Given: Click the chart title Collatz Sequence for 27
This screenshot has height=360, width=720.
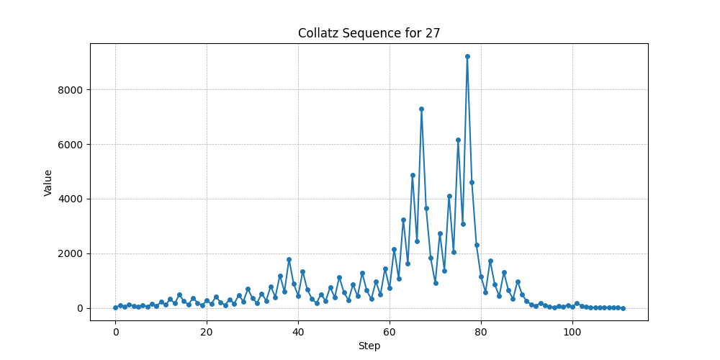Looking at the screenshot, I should [369, 33].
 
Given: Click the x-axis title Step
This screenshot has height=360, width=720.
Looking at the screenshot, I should [369, 346].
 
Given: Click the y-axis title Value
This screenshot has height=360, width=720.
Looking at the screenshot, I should [48, 182].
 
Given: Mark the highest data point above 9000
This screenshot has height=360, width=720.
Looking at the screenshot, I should [467, 56].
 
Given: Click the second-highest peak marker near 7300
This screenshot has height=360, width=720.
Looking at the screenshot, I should [421, 109].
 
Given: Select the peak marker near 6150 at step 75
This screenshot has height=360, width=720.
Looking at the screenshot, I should [458, 140].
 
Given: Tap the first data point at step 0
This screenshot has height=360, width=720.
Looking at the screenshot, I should [115, 307].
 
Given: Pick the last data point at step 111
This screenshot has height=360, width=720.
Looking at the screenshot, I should [623, 308].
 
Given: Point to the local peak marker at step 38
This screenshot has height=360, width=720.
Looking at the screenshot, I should [289, 259].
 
